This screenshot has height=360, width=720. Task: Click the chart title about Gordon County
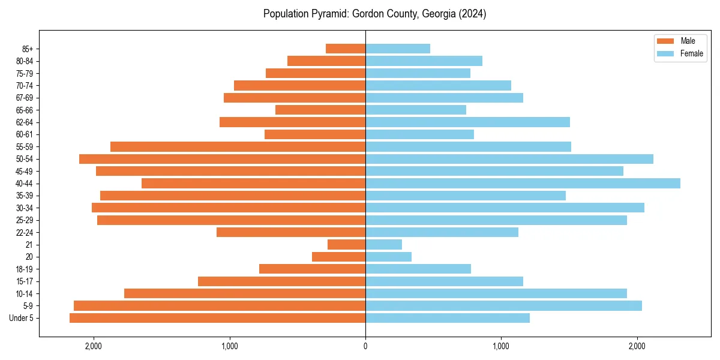[374, 14]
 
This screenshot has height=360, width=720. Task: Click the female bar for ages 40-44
[523, 184]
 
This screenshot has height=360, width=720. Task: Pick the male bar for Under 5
[217, 318]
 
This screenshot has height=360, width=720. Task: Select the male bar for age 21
[346, 245]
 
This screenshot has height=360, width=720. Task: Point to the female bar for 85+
[398, 49]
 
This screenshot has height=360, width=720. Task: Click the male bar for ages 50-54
[222, 159]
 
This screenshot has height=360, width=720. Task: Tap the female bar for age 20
[388, 257]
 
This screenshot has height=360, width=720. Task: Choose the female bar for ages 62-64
[467, 122]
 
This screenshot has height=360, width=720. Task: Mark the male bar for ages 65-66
[320, 110]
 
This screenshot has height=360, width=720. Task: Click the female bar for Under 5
[448, 318]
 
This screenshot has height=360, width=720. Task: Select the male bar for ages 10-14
[245, 293]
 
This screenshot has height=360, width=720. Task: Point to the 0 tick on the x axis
[365, 346]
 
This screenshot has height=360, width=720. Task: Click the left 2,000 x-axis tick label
[94, 346]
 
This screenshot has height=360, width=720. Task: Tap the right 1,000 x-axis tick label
[501, 346]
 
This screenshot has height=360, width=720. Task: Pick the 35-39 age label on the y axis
[24, 196]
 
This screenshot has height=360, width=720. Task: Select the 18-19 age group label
[24, 269]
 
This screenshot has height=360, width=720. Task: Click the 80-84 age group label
[24, 61]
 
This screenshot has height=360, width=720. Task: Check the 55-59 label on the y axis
[24, 147]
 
